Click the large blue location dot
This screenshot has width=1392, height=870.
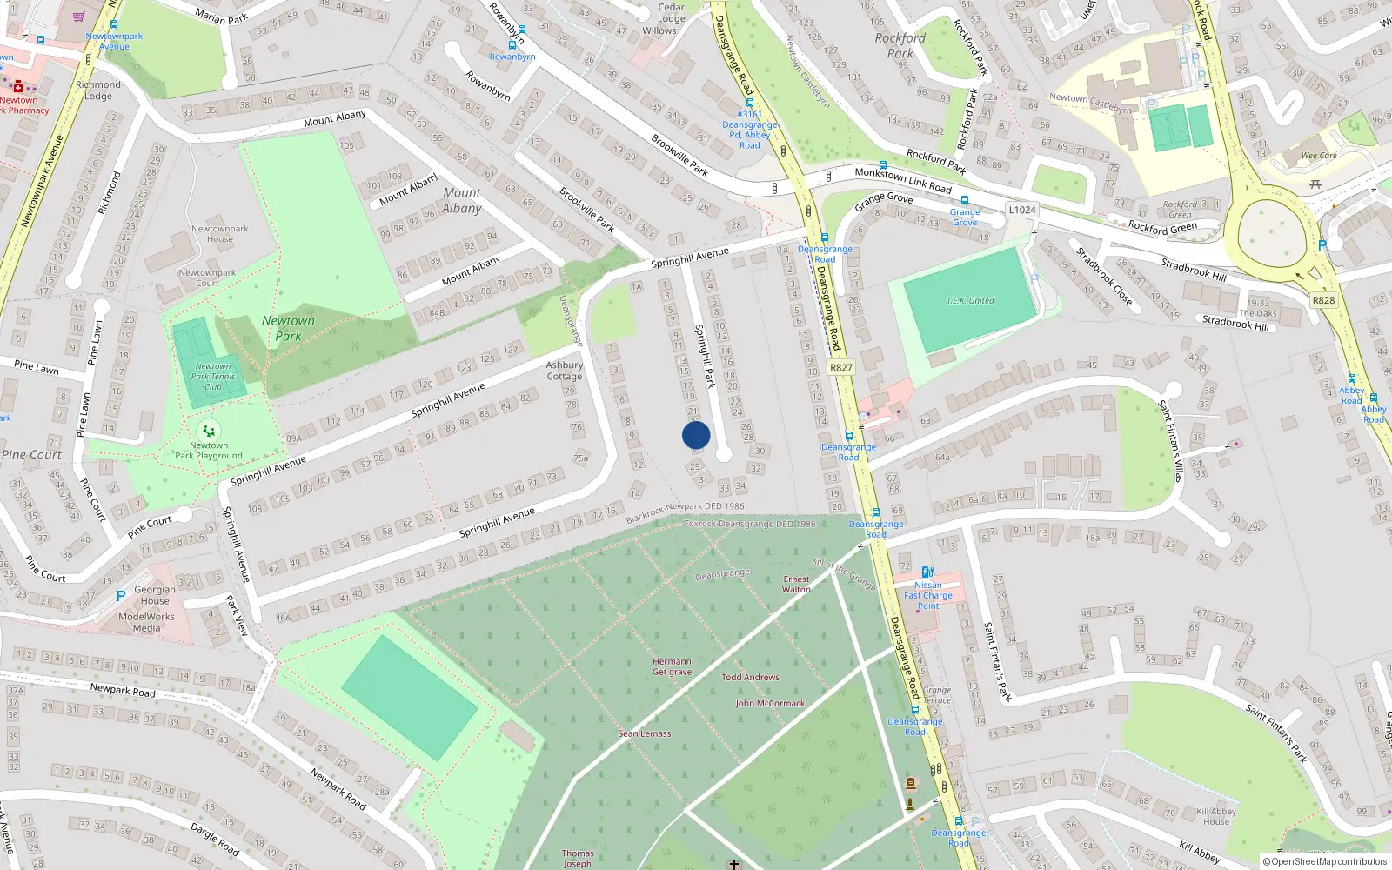tap(696, 435)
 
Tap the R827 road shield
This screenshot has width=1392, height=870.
tap(840, 367)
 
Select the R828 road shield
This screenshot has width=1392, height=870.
tap(1323, 300)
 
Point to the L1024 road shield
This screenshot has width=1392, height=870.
tap(1022, 210)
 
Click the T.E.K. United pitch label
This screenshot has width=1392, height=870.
tap(970, 300)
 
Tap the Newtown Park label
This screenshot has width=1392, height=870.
tap(288, 328)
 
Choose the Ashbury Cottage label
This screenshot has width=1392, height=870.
tap(564, 371)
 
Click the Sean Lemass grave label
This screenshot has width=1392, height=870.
tap(644, 733)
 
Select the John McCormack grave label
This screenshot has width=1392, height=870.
tap(770, 703)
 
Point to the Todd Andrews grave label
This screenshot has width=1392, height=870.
tap(750, 677)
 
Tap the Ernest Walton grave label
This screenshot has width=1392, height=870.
tap(796, 584)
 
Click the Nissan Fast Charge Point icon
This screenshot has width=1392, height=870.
tap(927, 572)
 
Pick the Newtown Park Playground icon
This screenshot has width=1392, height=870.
tap(208, 430)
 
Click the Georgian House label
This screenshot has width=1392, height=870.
tap(155, 595)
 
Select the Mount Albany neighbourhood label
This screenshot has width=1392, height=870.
tap(461, 200)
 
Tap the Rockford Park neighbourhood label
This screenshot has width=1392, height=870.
tap(900, 45)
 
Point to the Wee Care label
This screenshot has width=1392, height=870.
tap(1319, 156)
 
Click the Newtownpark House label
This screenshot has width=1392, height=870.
tap(219, 234)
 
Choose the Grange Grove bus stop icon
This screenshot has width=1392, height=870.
tap(964, 200)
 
